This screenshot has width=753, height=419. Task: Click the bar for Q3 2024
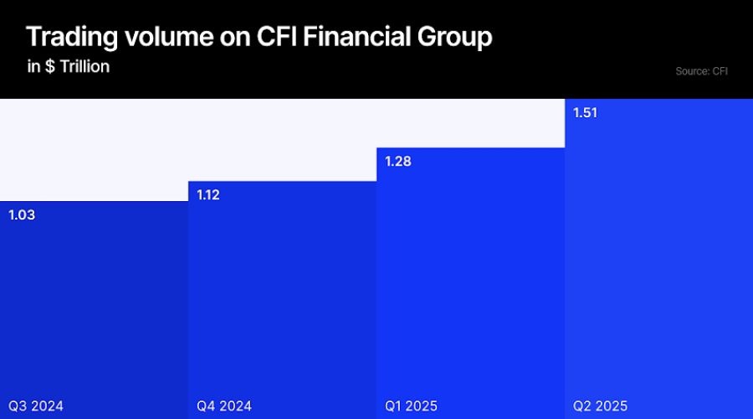(94, 310)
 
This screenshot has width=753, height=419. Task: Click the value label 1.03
(22, 215)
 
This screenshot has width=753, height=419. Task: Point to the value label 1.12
(209, 194)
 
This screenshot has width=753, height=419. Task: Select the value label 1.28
(398, 161)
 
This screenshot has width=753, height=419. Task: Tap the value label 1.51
(586, 112)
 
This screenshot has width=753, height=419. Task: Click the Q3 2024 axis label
(36, 406)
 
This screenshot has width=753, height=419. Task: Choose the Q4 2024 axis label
(224, 406)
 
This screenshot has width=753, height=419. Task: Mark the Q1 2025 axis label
(412, 406)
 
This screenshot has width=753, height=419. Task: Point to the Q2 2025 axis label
(601, 406)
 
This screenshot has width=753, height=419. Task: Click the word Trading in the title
(69, 38)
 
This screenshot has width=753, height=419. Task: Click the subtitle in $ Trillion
(69, 66)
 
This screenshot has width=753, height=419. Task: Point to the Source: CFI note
(701, 71)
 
